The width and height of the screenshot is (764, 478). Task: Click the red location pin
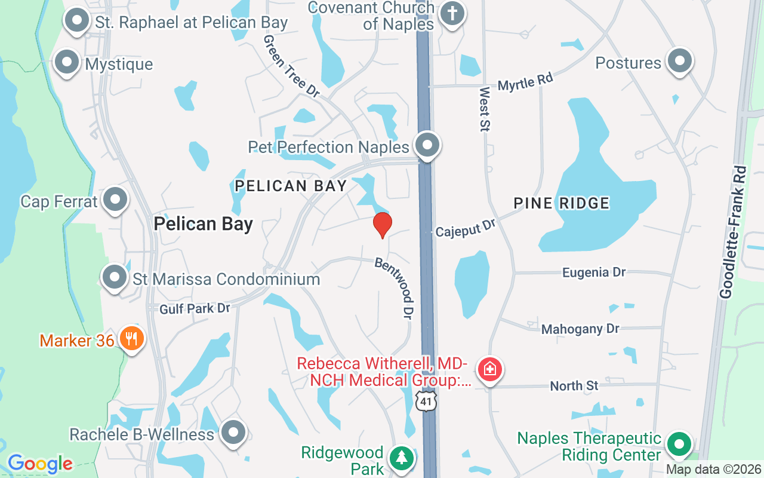coord(382,224)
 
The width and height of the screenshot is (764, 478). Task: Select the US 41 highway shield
coord(426,401)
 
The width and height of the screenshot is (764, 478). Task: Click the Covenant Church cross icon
coord(452,14)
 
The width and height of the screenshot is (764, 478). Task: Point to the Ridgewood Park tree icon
coord(401,458)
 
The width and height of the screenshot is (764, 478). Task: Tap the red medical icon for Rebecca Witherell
coord(490,369)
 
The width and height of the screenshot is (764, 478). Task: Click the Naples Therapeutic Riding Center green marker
coord(678,445)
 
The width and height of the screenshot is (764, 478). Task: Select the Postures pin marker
coord(679,61)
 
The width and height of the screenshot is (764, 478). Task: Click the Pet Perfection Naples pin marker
coord(427,145)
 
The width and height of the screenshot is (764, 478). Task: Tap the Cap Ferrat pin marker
coord(115,200)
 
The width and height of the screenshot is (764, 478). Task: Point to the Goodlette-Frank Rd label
coord(733,232)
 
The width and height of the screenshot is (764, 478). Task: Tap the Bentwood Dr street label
coord(395,287)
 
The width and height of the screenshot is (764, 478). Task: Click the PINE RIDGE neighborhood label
coord(562,203)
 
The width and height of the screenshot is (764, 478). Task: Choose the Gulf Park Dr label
coord(195,308)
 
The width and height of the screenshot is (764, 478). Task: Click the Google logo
coord(40,463)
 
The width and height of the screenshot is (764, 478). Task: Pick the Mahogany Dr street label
coord(580,329)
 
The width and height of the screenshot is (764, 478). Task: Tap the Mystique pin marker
coord(67,62)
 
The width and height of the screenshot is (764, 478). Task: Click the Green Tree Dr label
coord(291,65)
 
